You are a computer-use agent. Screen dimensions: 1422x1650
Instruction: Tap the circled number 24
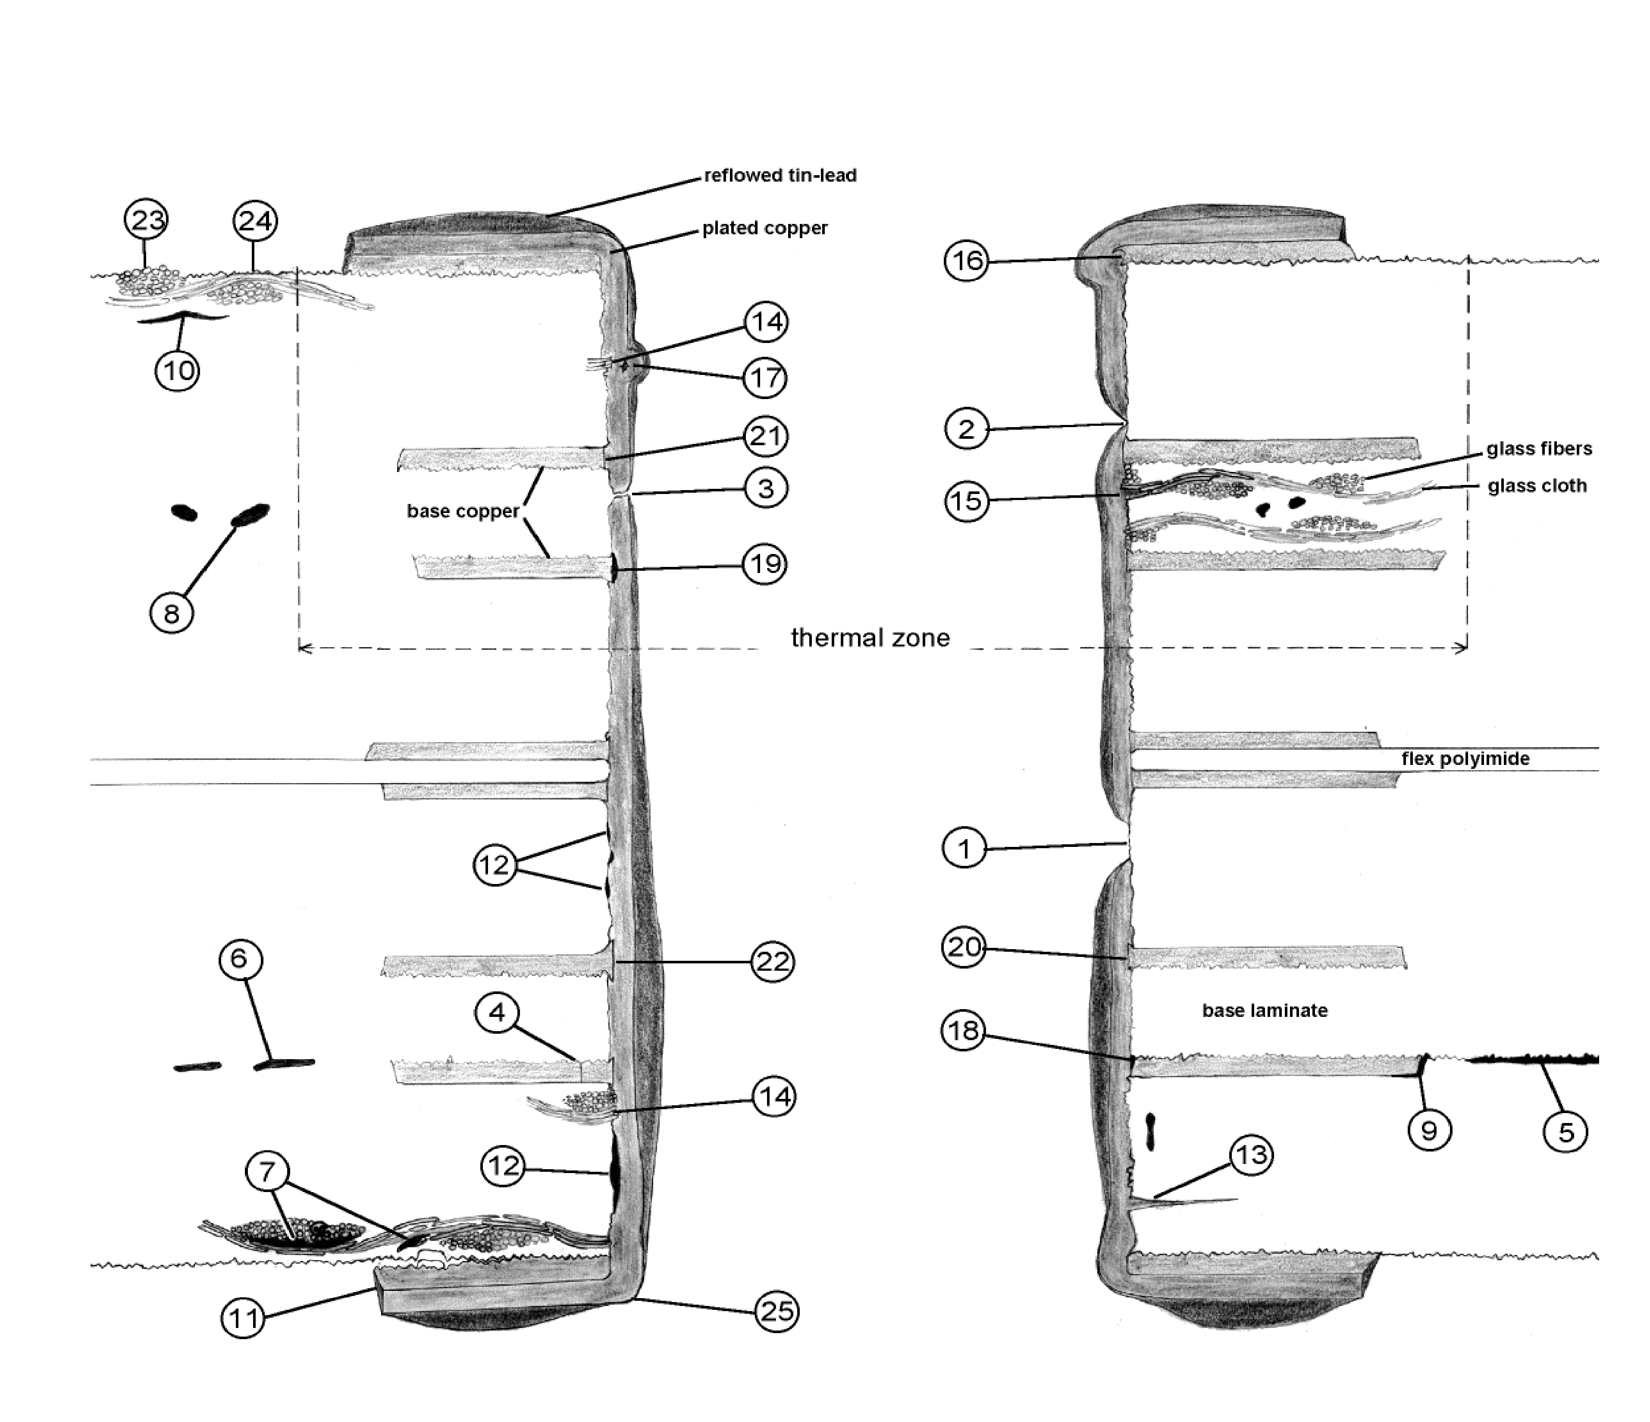click(x=255, y=220)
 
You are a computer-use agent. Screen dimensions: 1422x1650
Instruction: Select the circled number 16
click(x=966, y=261)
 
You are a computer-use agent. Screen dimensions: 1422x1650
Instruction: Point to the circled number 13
click(x=1251, y=1155)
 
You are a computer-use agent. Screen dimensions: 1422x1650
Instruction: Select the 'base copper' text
click(x=463, y=511)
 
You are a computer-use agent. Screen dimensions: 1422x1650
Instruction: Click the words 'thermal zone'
click(x=870, y=637)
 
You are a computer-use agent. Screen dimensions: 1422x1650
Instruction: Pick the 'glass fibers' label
click(x=1538, y=449)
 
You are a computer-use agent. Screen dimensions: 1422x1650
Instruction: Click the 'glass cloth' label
click(x=1537, y=485)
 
